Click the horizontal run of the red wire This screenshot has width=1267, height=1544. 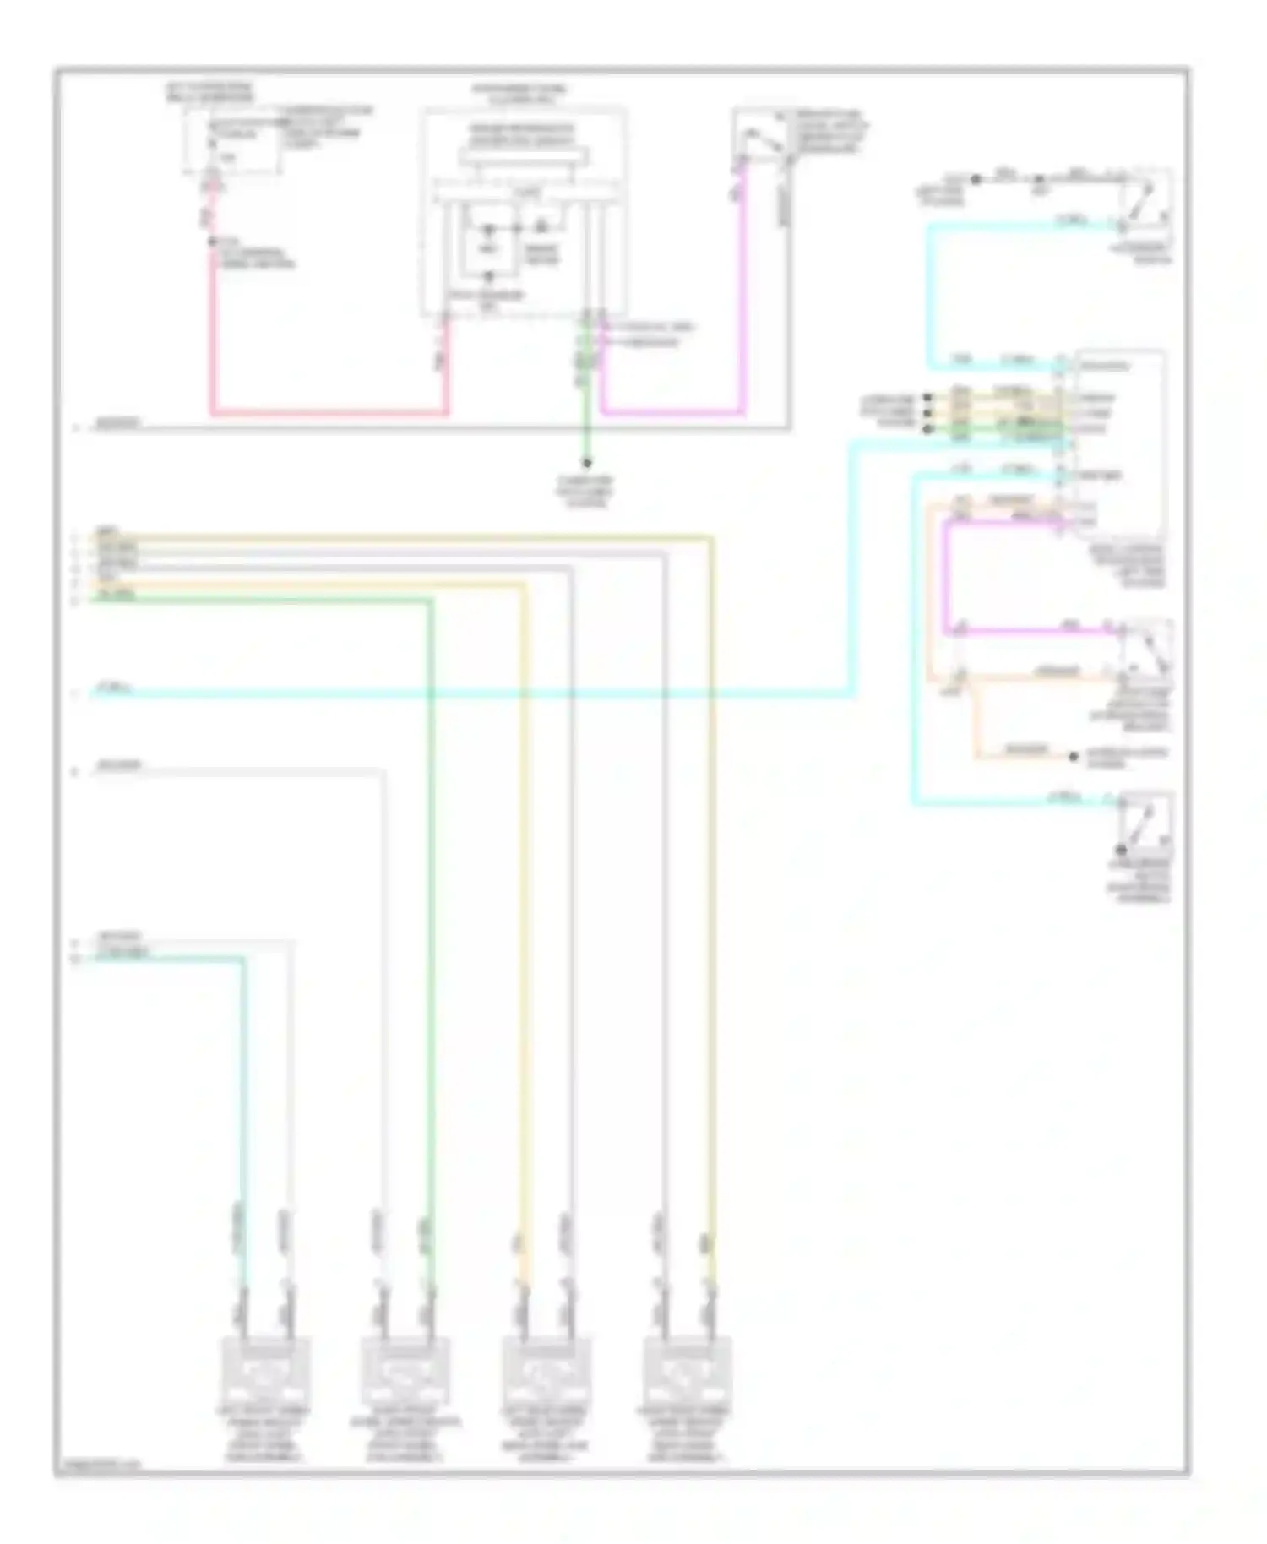point(329,413)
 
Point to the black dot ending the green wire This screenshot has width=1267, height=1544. point(585,463)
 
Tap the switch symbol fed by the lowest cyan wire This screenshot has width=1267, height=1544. point(1145,824)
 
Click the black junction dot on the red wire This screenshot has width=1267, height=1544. point(212,242)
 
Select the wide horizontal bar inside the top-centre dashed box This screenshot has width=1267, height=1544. point(524,157)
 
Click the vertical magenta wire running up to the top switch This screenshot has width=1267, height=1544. point(743,287)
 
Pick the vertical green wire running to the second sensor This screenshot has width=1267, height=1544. point(431,929)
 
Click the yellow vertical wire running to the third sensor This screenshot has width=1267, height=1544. point(525,929)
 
